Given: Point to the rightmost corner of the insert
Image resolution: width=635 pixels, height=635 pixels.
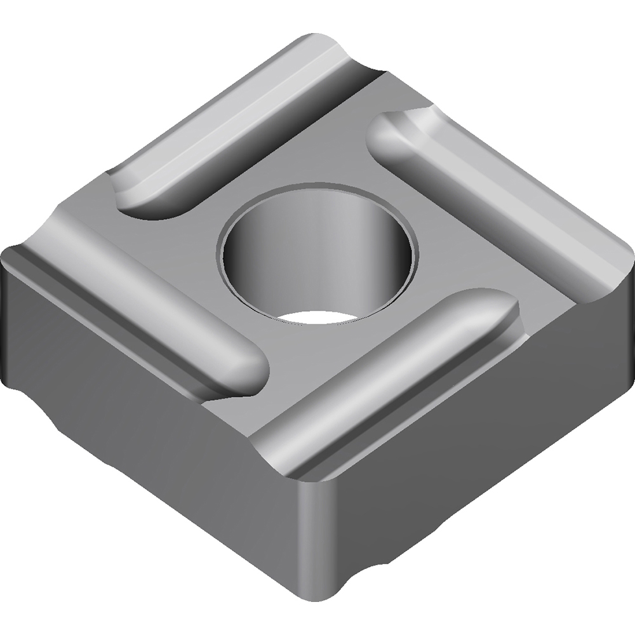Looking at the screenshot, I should click(x=619, y=267).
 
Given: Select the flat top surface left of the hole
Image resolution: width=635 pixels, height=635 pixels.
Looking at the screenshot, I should click(x=190, y=254).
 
